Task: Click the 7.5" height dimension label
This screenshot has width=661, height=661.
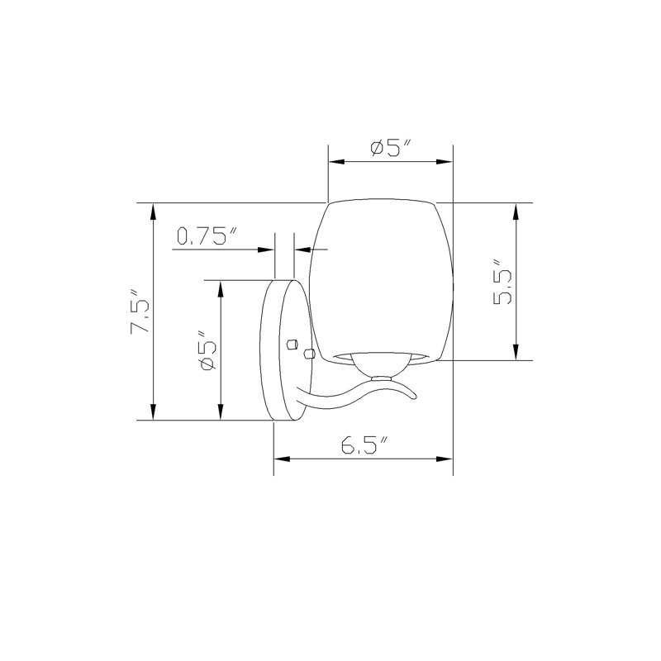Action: pyautogui.click(x=140, y=311)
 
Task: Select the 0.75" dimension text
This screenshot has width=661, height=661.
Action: pyautogui.click(x=207, y=236)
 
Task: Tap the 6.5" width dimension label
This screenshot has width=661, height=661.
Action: pyautogui.click(x=364, y=445)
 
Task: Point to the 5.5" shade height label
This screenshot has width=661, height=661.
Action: pyautogui.click(x=502, y=281)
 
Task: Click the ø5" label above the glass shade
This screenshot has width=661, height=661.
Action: pyautogui.click(x=390, y=149)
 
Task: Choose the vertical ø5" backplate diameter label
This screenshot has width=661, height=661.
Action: pyautogui.click(x=209, y=350)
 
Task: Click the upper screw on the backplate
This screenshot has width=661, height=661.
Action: pyautogui.click(x=292, y=344)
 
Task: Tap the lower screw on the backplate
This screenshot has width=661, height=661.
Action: pyautogui.click(x=309, y=354)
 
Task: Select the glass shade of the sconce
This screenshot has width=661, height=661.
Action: pyautogui.click(x=382, y=280)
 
